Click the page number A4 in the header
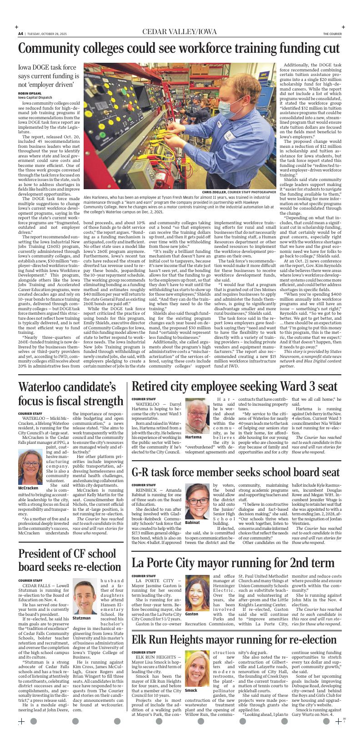click(20, 34)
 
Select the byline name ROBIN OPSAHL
click(27, 93)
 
